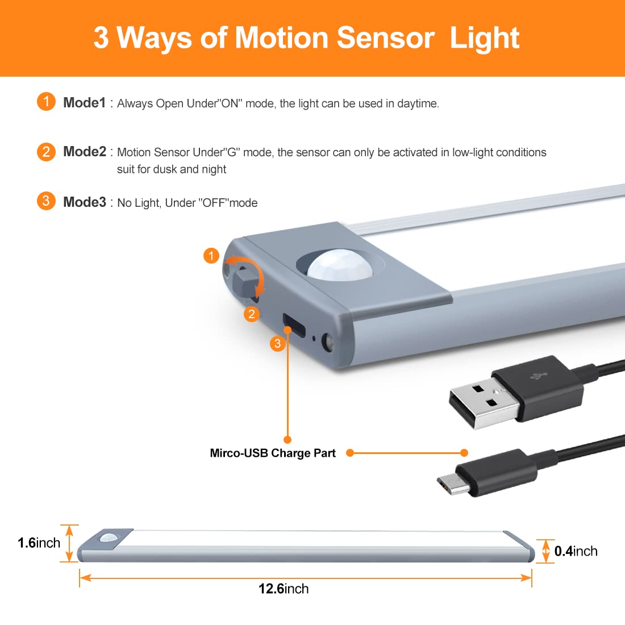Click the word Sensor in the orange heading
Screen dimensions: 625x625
click(x=385, y=38)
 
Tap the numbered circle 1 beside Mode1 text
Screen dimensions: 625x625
click(x=46, y=102)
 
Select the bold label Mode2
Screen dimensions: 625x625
click(x=85, y=152)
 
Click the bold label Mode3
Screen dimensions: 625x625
click(x=85, y=202)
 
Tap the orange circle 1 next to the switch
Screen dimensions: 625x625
click(x=211, y=256)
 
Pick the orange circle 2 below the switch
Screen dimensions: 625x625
click(x=252, y=314)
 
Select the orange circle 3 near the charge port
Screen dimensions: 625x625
click(x=277, y=343)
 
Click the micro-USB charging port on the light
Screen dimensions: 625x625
click(x=294, y=325)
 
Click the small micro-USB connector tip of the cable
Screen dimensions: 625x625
click(x=451, y=484)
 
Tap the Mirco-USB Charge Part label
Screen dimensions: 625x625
click(x=273, y=453)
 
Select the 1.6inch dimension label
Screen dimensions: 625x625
click(x=39, y=543)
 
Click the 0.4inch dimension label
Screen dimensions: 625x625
click(x=576, y=551)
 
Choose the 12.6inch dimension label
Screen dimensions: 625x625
click(x=284, y=589)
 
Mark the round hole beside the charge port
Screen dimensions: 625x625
click(x=328, y=342)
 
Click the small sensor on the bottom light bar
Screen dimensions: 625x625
click(x=109, y=537)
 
